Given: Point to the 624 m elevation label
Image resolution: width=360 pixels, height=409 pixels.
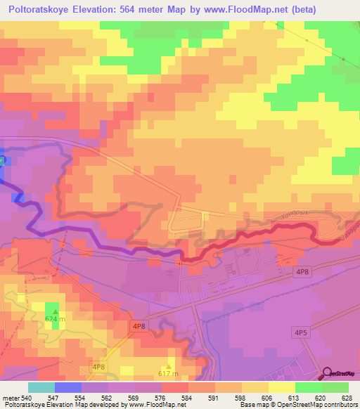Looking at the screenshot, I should coord(55,319).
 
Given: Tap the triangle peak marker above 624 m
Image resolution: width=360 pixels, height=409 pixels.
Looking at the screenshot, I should coord(55,309).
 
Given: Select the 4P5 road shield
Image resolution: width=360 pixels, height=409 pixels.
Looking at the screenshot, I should coord(302,332).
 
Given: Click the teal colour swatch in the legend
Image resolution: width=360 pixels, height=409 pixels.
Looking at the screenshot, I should coord(41,387).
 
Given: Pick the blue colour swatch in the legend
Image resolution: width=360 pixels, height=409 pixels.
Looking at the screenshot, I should coord(68,387).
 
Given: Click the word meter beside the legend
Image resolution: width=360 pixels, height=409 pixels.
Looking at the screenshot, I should coord(8,398).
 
